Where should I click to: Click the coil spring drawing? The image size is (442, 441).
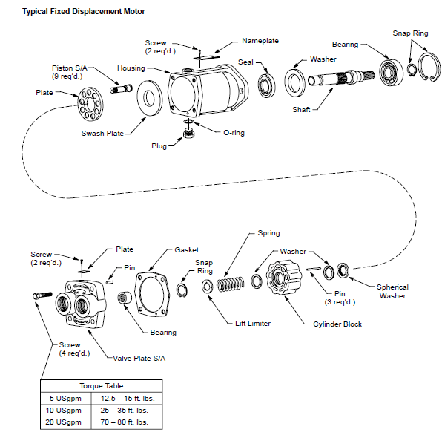tap(231, 284)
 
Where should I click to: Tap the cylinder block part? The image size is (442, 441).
tap(283, 278)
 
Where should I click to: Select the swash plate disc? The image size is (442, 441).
tap(150, 98)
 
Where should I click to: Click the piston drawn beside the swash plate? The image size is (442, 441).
tap(121, 88)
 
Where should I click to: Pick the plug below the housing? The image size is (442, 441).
tap(189, 133)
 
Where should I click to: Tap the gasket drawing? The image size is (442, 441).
tap(153, 293)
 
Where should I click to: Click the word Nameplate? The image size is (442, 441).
tap(260, 41)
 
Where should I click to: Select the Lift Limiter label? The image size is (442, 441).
tap(253, 324)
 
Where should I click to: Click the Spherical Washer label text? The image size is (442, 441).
tap(392, 292)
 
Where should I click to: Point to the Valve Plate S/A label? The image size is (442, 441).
tap(139, 359)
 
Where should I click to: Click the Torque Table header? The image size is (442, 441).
tap(102, 386)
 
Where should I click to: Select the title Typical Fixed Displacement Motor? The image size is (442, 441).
tap(84, 12)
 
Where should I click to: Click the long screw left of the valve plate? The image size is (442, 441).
tap(42, 295)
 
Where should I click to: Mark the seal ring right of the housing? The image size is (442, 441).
tap(266, 85)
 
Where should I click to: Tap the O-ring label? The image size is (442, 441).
tap(234, 133)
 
